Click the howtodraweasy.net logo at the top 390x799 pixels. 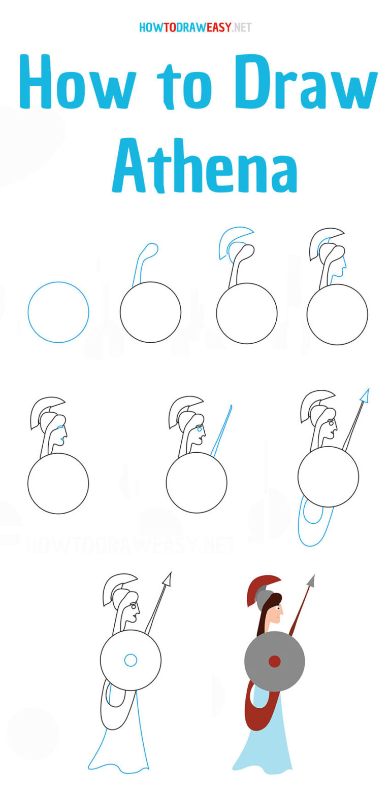[x=195, y=27]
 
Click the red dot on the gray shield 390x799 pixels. [x=274, y=661]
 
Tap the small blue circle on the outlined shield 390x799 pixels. [x=131, y=660]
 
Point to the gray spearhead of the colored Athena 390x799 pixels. [x=311, y=581]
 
